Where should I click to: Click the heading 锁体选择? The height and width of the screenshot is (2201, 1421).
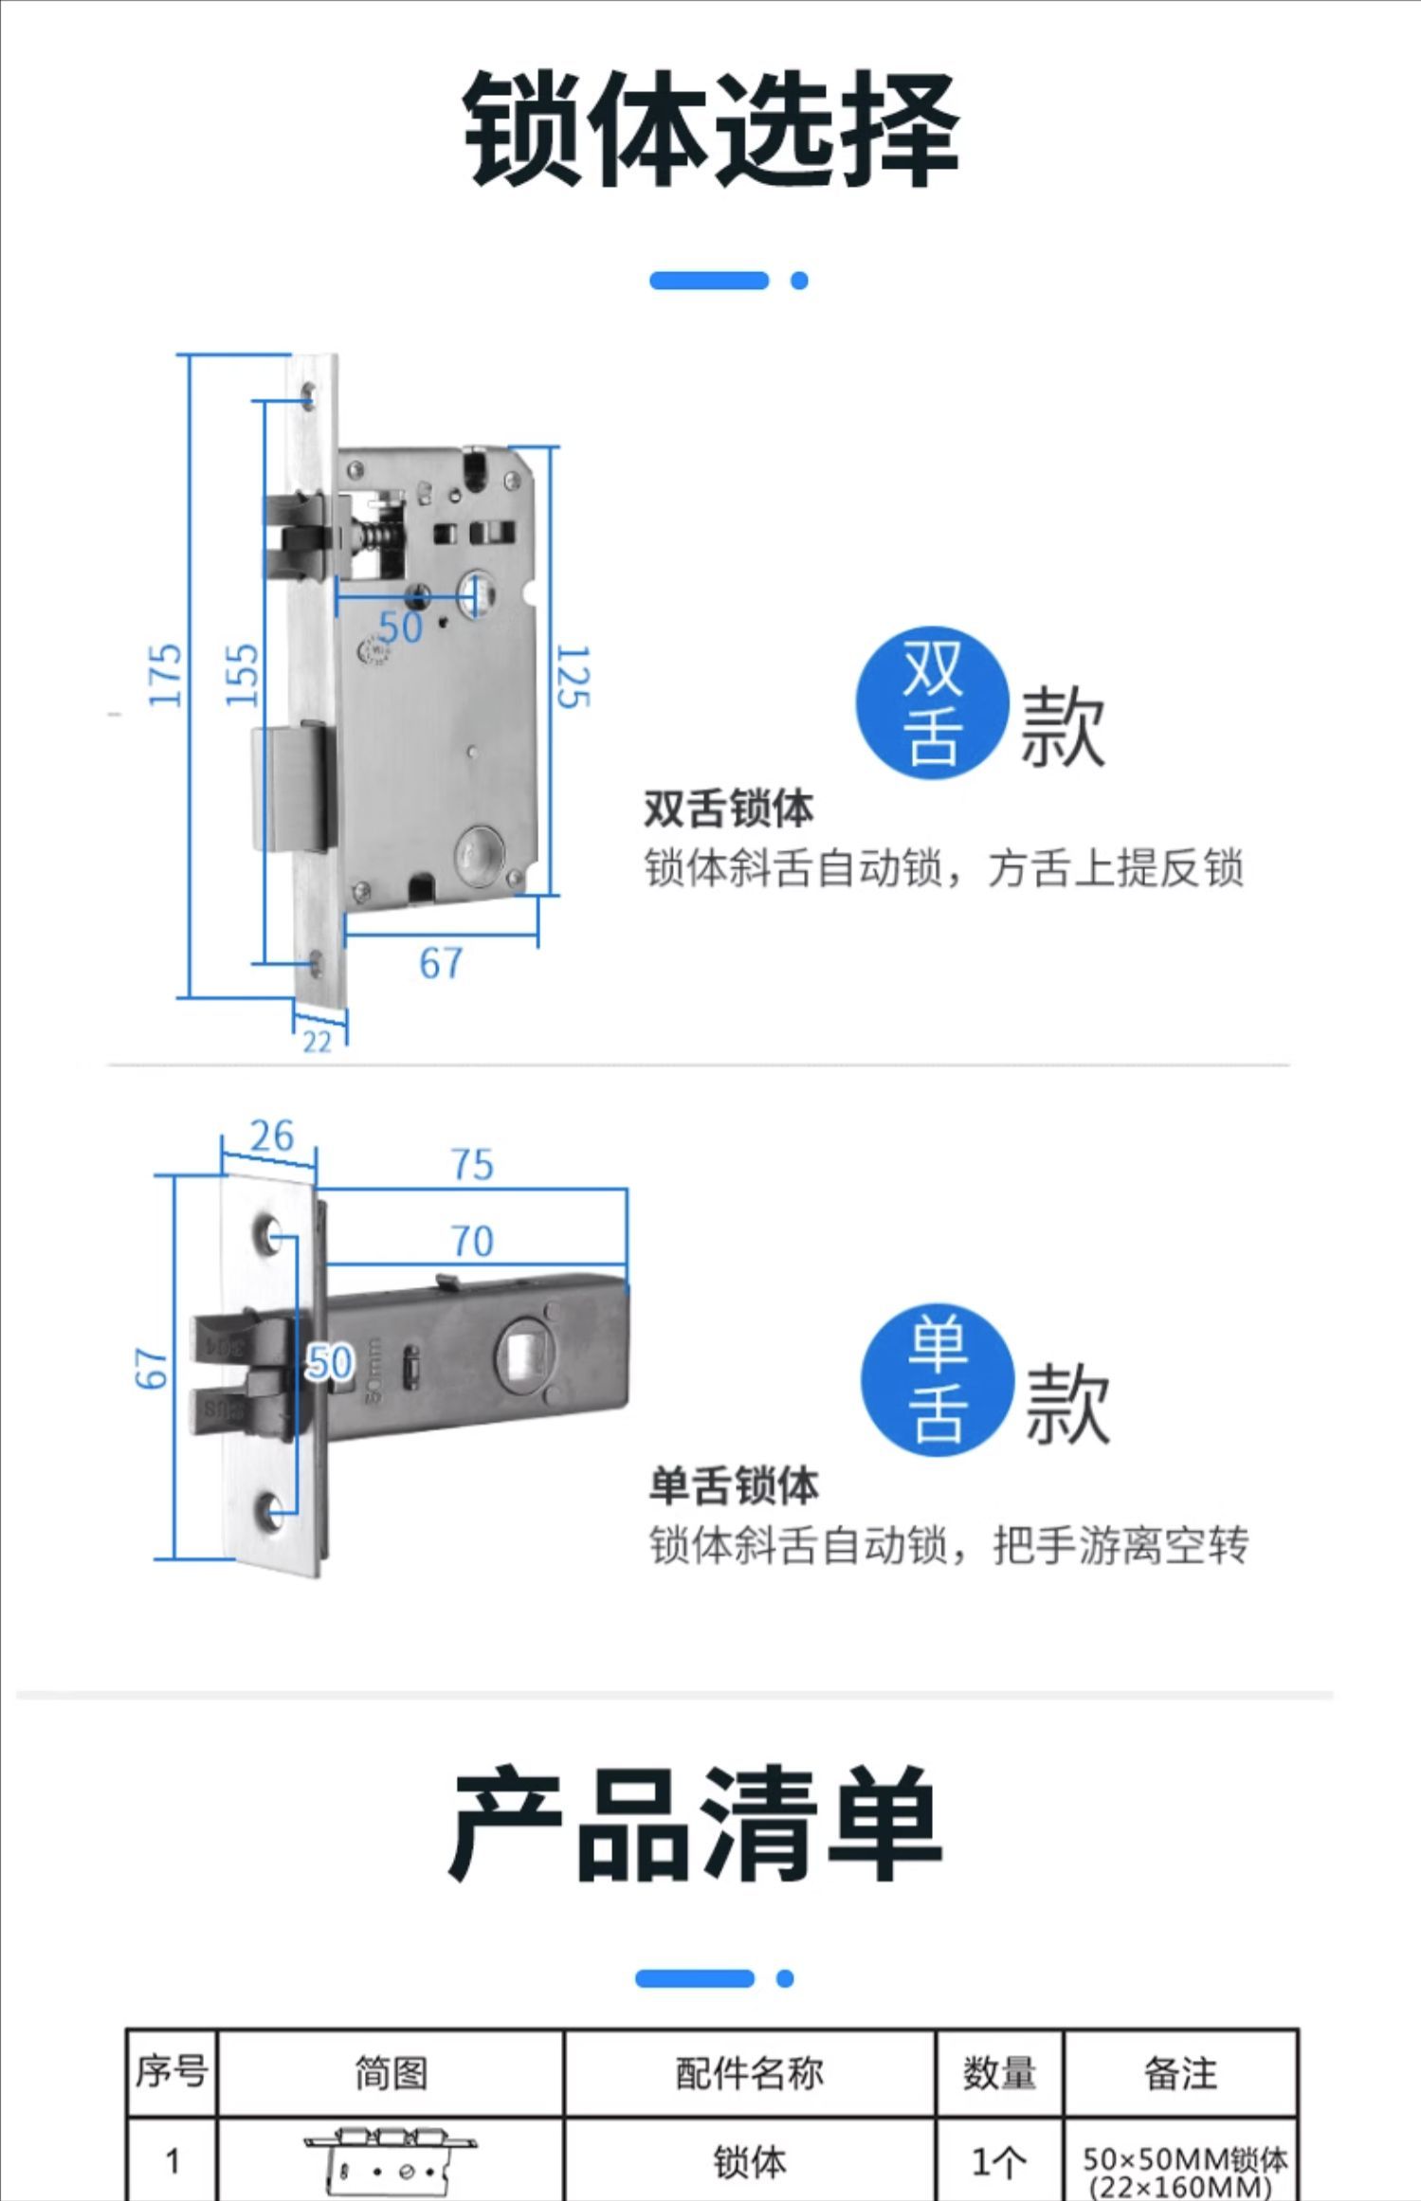tap(711, 128)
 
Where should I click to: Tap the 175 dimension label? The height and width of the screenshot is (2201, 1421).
tap(165, 675)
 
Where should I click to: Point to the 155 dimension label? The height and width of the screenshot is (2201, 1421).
tap(242, 675)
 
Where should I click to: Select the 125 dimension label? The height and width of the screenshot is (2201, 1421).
tap(573, 677)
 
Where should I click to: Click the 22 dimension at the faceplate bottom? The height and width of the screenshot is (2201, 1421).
tap(318, 1042)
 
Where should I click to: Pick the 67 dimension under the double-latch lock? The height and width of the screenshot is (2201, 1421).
tap(441, 963)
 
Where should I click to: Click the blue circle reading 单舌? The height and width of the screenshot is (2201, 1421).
tap(938, 1379)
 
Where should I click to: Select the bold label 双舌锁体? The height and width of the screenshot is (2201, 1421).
tap(729, 809)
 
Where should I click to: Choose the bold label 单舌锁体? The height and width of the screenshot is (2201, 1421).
tap(734, 1485)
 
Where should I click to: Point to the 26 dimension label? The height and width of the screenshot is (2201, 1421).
tap(272, 1136)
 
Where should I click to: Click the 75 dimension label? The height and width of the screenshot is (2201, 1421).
tap(472, 1164)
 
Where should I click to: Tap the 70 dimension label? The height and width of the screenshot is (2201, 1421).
tap(472, 1241)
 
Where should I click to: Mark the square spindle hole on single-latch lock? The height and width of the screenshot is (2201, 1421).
tap(522, 1356)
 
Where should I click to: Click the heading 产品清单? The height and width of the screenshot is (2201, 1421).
tap(697, 1825)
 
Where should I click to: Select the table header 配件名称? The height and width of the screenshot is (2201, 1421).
tap(750, 2073)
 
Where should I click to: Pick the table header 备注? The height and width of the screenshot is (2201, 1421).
tap(1180, 2073)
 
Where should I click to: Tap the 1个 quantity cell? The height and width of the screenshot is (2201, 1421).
tap(999, 2162)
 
